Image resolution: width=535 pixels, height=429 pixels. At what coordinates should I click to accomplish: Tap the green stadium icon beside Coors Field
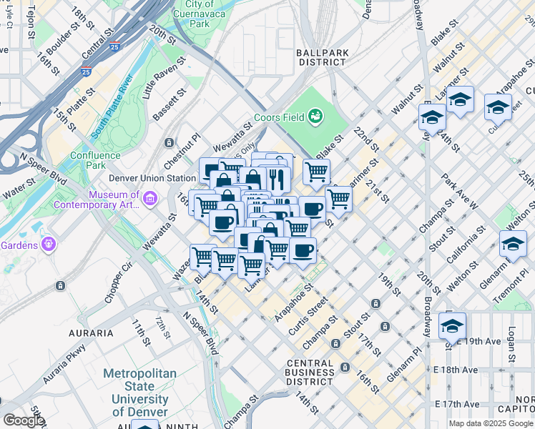pos(315,117)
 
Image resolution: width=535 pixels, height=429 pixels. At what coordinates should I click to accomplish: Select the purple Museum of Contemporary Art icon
pos(150,198)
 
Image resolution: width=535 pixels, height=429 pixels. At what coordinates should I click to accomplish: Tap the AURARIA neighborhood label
pos(91,333)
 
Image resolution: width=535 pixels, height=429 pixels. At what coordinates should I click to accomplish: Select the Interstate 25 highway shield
pos(86,71)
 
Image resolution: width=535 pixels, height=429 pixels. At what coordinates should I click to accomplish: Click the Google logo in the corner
pos(23,420)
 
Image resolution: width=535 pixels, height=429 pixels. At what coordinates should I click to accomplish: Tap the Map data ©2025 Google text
pos(490,423)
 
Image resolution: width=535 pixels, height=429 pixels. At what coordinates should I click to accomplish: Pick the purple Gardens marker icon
pos(49,244)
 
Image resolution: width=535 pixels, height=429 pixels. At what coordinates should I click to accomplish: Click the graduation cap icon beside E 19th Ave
pos(452,327)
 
